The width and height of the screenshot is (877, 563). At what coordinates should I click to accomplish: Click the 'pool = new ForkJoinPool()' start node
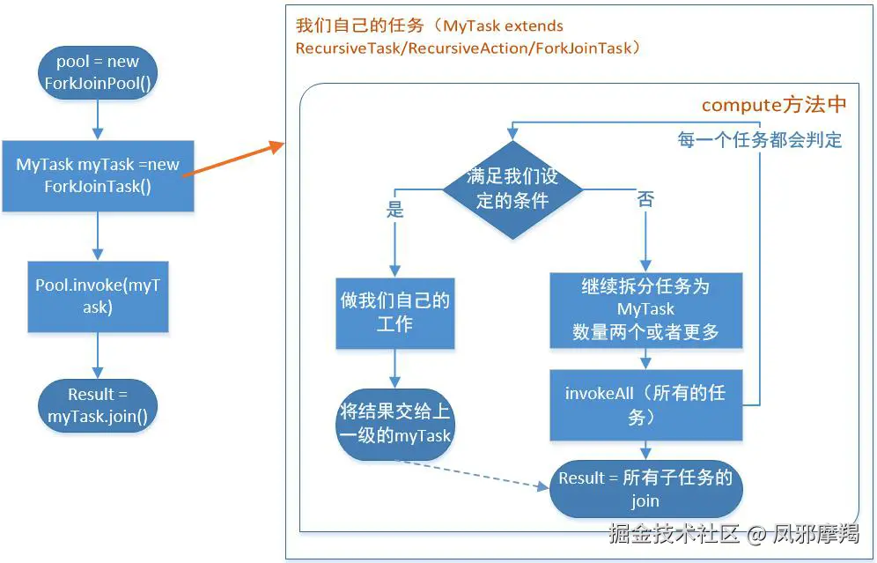98,72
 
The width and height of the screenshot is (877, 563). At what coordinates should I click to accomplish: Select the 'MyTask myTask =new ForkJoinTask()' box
98,175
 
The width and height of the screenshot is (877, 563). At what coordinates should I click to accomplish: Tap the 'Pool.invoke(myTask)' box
98,296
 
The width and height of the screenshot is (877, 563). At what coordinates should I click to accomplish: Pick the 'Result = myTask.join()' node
98,405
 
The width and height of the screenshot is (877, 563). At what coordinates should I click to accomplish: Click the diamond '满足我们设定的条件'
512,189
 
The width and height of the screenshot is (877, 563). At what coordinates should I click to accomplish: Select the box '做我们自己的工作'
394,313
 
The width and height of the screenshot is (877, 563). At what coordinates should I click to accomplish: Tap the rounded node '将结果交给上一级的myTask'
394,423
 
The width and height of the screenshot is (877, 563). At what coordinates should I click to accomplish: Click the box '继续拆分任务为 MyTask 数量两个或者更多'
645,309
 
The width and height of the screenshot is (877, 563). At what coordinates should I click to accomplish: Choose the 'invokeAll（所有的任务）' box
645,404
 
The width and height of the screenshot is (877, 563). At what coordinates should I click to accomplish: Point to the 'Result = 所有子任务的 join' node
645,489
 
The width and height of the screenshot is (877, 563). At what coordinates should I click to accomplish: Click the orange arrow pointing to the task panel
233,160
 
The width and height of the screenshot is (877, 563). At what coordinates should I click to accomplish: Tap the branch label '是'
395,210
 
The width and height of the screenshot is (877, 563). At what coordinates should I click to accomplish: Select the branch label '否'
645,200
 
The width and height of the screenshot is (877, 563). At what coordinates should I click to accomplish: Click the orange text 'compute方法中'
773,105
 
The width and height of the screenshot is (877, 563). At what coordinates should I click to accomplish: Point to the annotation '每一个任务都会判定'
759,139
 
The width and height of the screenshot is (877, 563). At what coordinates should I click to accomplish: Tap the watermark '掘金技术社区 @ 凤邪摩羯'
733,533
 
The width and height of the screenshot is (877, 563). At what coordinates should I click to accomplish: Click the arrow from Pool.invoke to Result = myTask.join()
98,356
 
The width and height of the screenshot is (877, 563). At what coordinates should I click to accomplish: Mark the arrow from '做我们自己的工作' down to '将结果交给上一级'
394,368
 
